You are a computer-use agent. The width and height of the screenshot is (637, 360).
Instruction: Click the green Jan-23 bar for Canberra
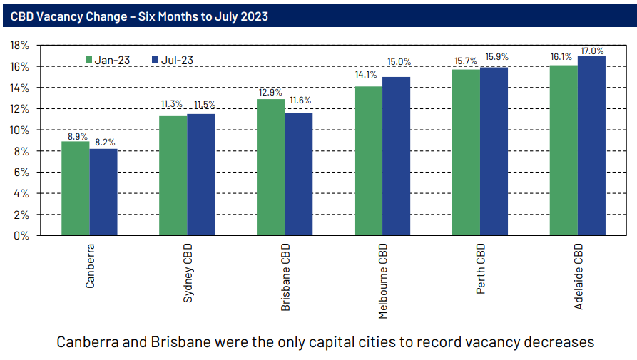pos(75,188)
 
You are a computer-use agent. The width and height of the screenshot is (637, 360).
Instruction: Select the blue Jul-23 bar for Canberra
pos(103,192)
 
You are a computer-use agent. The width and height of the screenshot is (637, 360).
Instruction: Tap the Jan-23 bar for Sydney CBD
pos(173,175)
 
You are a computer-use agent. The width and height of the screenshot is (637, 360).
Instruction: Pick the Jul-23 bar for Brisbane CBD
pos(298,174)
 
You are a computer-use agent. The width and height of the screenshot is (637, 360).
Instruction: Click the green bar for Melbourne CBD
pos(368,160)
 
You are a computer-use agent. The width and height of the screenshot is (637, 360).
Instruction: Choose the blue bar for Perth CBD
pos(494,151)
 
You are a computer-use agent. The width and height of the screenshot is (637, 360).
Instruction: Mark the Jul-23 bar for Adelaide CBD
pos(591,145)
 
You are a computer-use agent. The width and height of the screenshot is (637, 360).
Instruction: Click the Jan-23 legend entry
pos(108,60)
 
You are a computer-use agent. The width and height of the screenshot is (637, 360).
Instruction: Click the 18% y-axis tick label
pos(19,45)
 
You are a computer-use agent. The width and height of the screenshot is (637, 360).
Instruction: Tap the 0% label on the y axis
pos(22,235)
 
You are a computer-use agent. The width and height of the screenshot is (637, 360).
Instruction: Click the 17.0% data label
pos(591,51)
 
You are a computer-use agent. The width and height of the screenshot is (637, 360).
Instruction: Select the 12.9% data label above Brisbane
pos(270,93)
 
